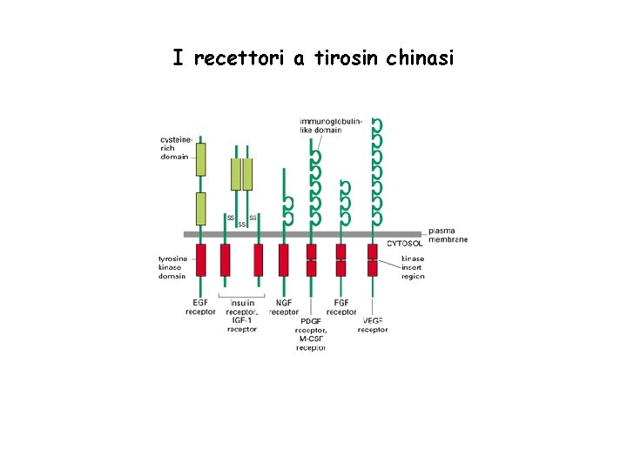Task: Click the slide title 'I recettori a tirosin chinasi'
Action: point(313,58)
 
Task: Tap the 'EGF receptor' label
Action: point(200,307)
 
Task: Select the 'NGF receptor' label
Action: point(284,307)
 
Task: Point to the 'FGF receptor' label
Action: point(341,307)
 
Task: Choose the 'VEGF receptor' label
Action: point(373,326)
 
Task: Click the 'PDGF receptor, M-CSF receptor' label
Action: point(311,334)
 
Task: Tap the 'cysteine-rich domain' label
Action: point(174,148)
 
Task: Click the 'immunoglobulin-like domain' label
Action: point(331,124)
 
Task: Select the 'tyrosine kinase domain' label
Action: point(172,267)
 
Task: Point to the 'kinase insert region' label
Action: point(413,267)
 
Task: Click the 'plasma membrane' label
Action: point(448,235)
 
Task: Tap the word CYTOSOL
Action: point(405,244)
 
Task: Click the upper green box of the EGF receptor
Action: point(201,159)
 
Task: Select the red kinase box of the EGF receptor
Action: point(201,259)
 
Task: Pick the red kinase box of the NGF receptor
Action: point(283,259)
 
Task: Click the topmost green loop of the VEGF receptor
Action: point(376,125)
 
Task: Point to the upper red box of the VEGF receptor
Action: point(373,252)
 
